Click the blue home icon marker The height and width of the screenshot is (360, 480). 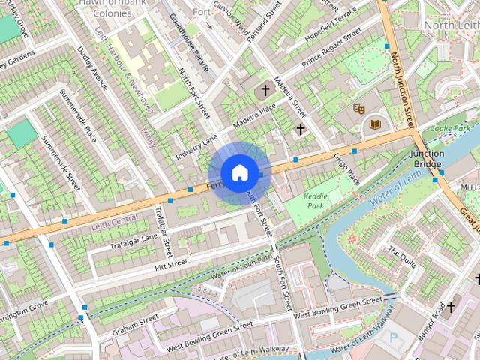pyautogui.click(x=239, y=173)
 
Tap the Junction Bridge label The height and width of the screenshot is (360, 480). pyautogui.click(x=427, y=159)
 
